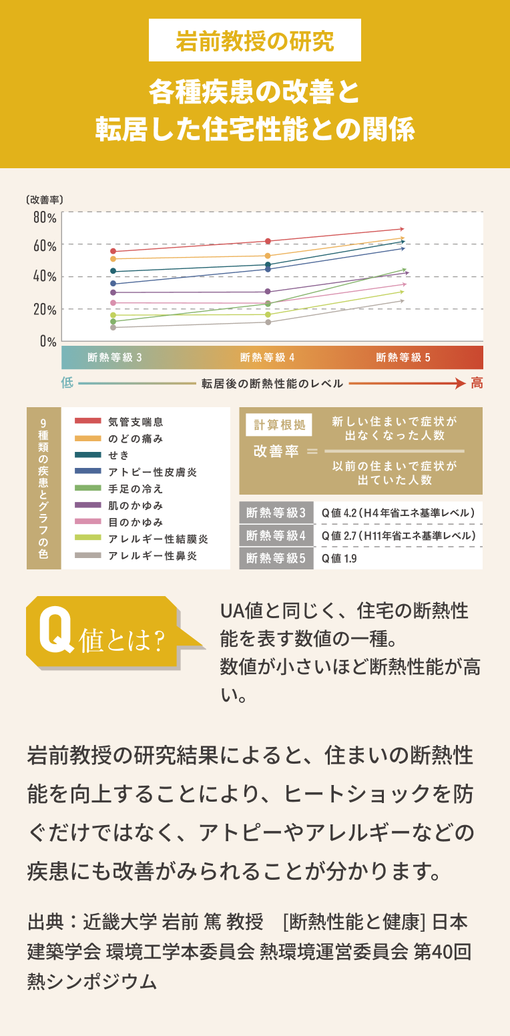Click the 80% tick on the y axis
[45, 218]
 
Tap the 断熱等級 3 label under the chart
[115, 358]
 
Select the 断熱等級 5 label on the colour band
[403, 358]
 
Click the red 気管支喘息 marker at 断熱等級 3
[113, 252]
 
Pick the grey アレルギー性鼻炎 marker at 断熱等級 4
[268, 322]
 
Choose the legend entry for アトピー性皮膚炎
[152, 472]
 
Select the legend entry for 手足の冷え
[136, 489]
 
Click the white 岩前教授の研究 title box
[255, 41]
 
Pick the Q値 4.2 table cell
[398, 513]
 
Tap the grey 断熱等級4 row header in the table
[276, 536]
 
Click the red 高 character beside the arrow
[477, 383]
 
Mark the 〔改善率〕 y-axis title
[45, 199]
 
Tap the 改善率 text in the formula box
[276, 451]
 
